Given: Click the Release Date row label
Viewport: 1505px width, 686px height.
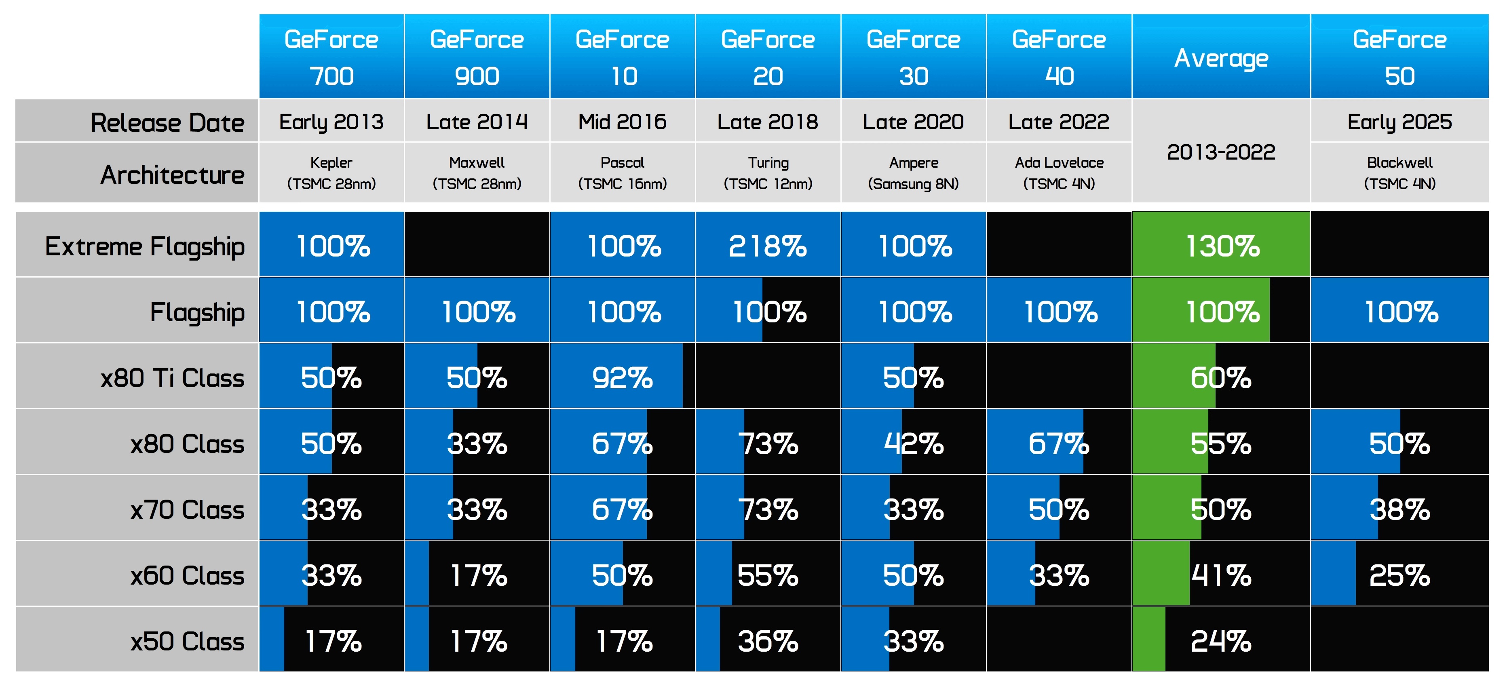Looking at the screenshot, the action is [167, 122].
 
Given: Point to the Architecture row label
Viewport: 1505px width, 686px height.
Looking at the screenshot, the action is [172, 175].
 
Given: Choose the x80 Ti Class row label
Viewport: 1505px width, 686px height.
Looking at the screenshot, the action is [172, 378].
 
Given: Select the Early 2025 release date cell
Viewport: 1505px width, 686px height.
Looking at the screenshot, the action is [1400, 122].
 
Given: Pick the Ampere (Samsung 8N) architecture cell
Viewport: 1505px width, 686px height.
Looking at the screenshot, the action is [914, 173].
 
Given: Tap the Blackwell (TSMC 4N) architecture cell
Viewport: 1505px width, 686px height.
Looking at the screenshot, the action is [1400, 173].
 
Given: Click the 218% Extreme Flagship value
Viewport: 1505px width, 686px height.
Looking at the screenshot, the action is [768, 246].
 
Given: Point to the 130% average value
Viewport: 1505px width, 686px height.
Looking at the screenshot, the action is [1222, 246].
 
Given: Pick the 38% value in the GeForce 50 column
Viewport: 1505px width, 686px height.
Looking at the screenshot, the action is [1400, 510].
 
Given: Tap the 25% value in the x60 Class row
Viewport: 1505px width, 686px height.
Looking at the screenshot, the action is [1400, 576].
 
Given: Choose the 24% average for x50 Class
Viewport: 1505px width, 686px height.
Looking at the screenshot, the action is [1221, 641].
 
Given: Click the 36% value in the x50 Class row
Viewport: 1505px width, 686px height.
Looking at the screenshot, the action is [768, 641].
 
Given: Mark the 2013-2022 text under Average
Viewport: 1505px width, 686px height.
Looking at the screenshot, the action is [1221, 152].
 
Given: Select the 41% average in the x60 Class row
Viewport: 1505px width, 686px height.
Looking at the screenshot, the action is [1221, 576].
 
